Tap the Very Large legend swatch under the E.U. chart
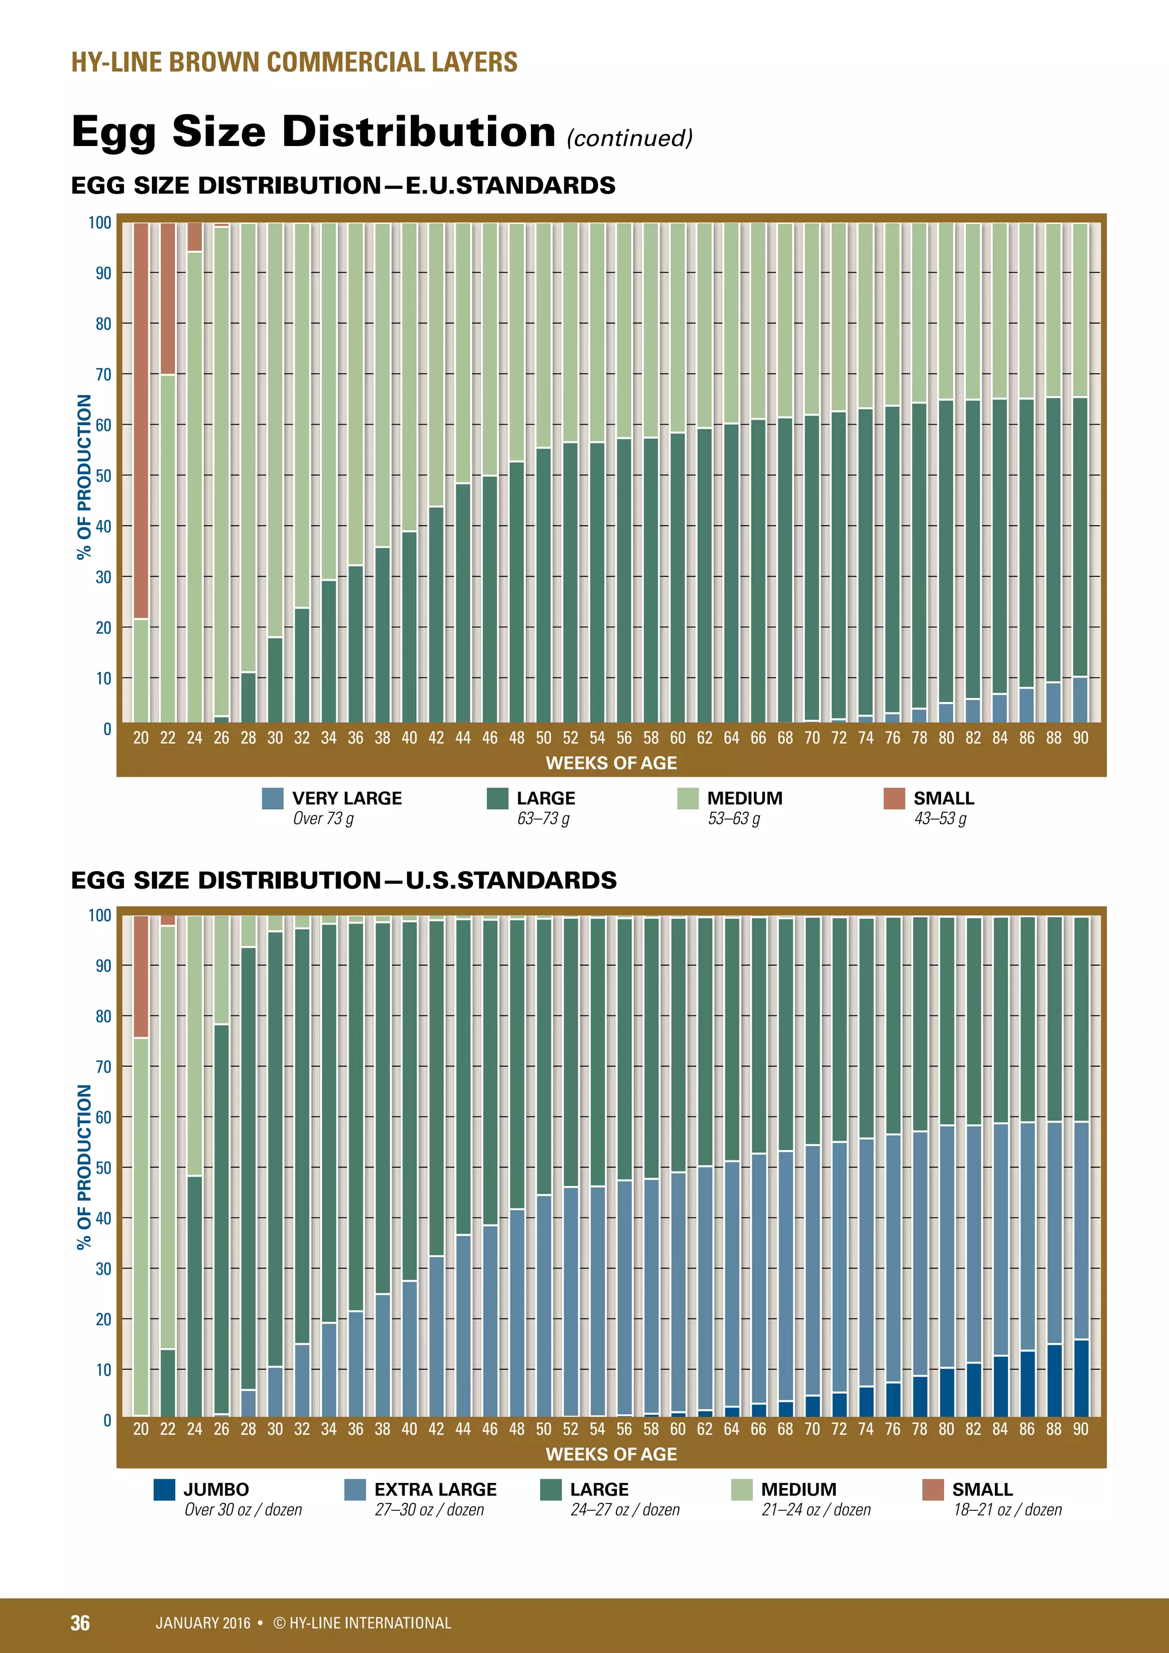pos(273,799)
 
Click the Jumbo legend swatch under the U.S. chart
pos(165,1490)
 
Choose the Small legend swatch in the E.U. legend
pos(894,799)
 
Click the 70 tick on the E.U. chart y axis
pos(104,374)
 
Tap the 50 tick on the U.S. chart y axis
pos(104,1168)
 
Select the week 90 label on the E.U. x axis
pos(1081,738)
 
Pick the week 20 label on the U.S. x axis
pos(141,1429)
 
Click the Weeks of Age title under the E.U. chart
pos(611,763)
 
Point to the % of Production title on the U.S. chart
pos(84,1167)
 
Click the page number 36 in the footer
pos(80,1623)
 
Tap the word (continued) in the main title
pos(629,138)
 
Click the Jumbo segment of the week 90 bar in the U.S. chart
pos(1081,1378)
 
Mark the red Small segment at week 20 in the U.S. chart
pos(141,976)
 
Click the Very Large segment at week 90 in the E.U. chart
pos(1081,699)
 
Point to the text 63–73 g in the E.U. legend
pos(543,819)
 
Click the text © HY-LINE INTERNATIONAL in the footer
pos(362,1623)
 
